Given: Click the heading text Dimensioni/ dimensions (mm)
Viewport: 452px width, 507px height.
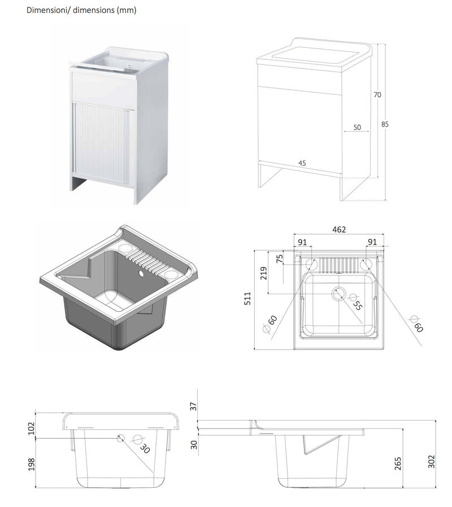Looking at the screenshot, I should tap(81, 10).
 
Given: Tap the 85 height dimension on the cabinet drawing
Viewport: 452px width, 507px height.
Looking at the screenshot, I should tap(385, 124).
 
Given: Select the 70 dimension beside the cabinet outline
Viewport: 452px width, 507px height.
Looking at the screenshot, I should tap(377, 95).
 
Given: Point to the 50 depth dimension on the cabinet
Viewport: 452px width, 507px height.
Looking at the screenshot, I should tap(357, 128).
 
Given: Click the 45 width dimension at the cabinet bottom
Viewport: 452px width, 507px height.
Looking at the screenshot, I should tap(302, 163).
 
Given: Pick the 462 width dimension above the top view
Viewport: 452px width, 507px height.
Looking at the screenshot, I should tap(338, 230).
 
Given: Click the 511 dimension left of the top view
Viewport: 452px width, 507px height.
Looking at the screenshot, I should tap(247, 299).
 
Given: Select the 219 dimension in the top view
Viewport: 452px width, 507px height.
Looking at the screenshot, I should tap(263, 273).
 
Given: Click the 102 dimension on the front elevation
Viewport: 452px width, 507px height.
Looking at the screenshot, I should tap(31, 429).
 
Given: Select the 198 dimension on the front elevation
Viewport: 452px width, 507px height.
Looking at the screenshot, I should tap(31, 464).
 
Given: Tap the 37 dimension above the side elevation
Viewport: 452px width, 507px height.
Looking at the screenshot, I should tap(194, 407).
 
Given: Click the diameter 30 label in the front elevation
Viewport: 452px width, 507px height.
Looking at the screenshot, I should tap(144, 449).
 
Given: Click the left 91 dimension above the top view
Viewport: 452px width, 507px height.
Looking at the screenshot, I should tap(302, 242).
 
